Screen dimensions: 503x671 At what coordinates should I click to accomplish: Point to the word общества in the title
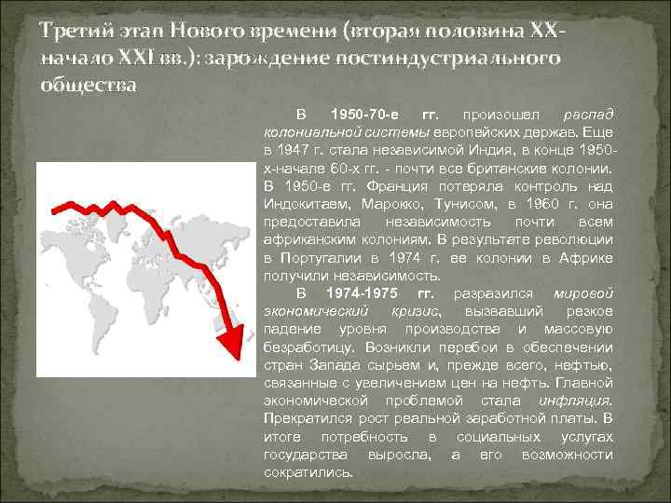coord(88,85)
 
